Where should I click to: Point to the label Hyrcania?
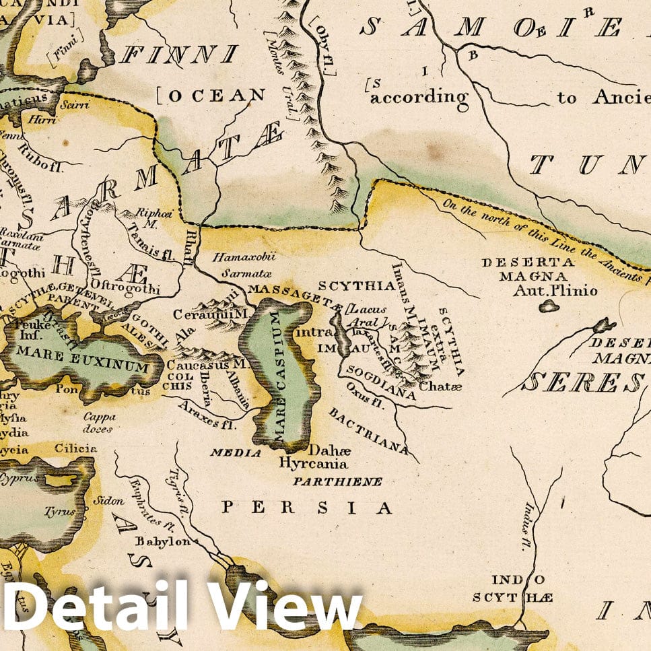[313, 463]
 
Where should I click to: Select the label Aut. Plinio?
[545, 290]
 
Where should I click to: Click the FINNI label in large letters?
[180, 53]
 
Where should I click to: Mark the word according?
[419, 97]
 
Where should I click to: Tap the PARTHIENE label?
[337, 481]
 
